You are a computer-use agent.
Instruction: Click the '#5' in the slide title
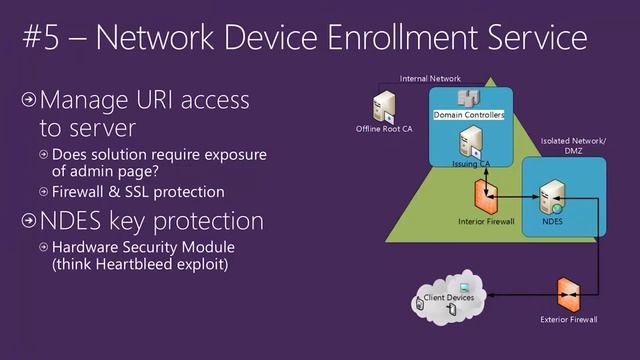point(45,39)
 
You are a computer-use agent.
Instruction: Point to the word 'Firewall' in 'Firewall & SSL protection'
point(82,191)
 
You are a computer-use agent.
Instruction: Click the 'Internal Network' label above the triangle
point(432,78)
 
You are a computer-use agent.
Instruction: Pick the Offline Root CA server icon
point(384,107)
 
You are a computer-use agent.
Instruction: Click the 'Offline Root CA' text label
point(384,129)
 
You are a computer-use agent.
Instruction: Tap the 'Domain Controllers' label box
point(469,115)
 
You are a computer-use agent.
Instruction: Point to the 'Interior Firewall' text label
point(486,221)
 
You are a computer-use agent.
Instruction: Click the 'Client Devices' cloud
point(448,299)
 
